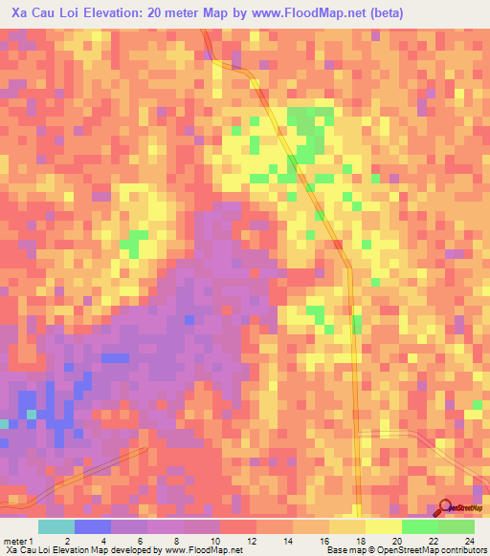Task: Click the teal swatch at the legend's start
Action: [x=56, y=526]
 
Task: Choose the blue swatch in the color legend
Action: [x=92, y=526]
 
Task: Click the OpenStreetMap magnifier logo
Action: [x=446, y=507]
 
